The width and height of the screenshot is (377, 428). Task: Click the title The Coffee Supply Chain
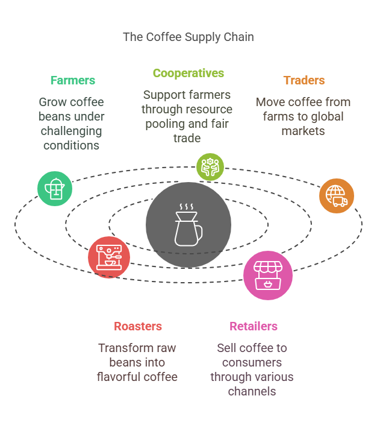(x=188, y=37)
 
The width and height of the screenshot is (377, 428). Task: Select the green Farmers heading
(x=72, y=80)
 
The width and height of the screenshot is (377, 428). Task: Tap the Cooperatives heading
(x=188, y=74)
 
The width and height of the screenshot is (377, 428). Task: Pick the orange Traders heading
(x=304, y=80)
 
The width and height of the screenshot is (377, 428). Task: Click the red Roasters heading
(x=138, y=326)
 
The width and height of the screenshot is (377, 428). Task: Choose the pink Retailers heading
(x=253, y=326)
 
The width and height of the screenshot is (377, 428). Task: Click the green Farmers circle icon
(x=55, y=189)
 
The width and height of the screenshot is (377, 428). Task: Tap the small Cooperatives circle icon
(x=210, y=167)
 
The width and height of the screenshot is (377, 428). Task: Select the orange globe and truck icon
(x=336, y=195)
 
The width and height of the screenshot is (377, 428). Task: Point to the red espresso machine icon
(x=109, y=257)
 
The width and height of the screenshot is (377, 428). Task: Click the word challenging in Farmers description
(x=71, y=131)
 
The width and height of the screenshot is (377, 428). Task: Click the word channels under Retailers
(x=252, y=391)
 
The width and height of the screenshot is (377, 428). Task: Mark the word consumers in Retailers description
(x=252, y=362)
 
